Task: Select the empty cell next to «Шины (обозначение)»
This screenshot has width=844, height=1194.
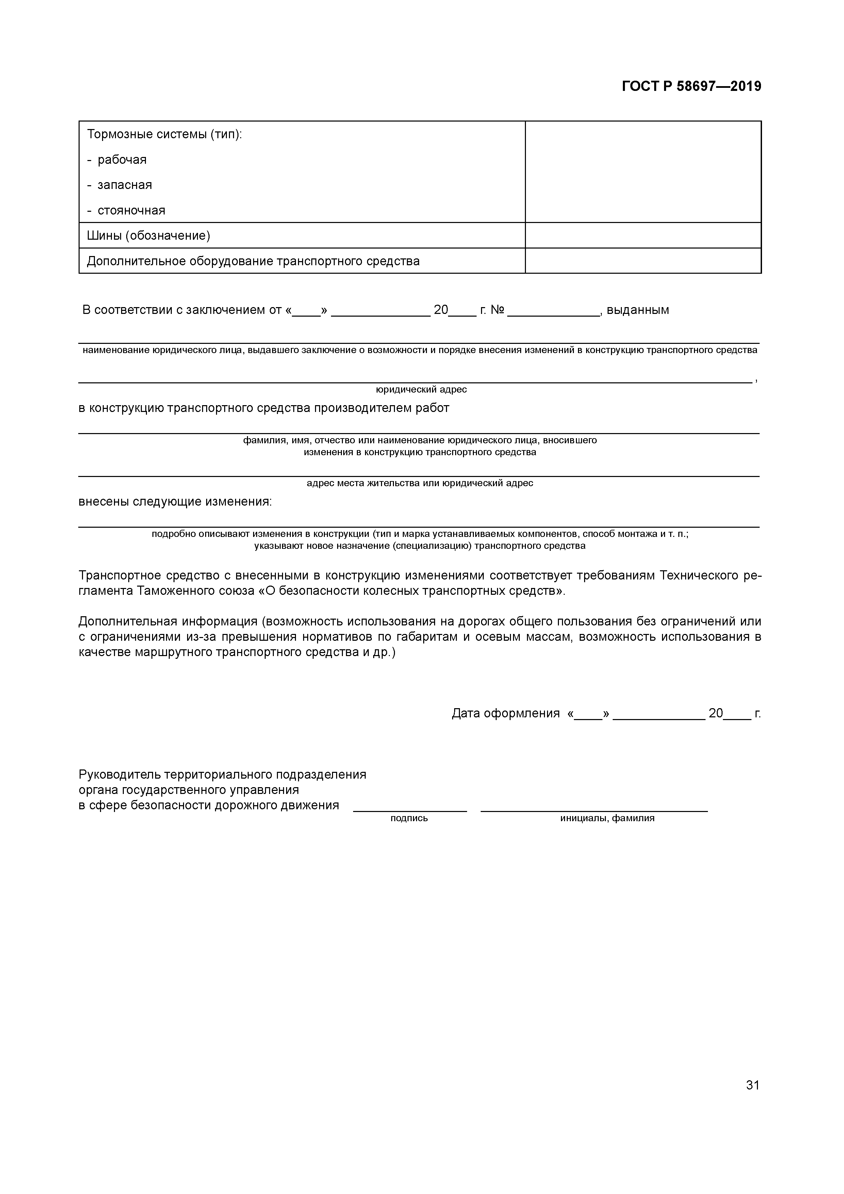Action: click(x=643, y=236)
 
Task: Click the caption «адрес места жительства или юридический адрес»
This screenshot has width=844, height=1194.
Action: click(x=420, y=483)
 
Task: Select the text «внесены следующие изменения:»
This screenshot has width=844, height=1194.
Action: click(x=175, y=502)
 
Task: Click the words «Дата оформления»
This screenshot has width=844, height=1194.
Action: click(x=506, y=714)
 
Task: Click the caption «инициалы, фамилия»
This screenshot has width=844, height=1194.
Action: click(x=607, y=818)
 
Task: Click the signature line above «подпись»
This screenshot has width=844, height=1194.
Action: click(x=410, y=810)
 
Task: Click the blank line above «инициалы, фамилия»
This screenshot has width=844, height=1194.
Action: click(x=594, y=810)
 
